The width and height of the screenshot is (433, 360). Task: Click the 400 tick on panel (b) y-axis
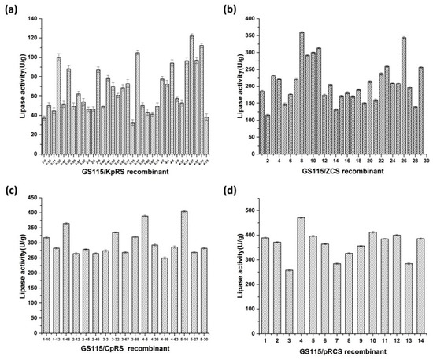244,18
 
